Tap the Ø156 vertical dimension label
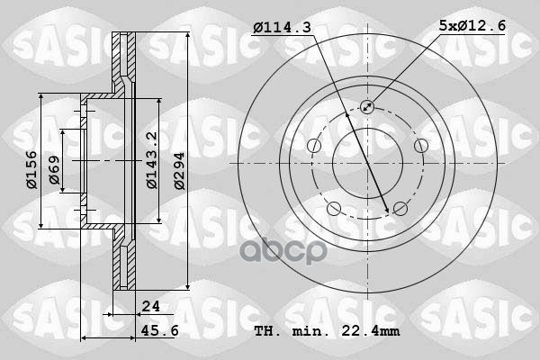(31, 170)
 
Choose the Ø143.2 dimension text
(152, 160)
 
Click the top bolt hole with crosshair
(367, 106)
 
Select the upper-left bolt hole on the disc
(313, 146)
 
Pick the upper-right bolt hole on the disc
(420, 146)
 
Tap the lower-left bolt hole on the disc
(334, 210)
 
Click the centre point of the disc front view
(366, 164)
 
